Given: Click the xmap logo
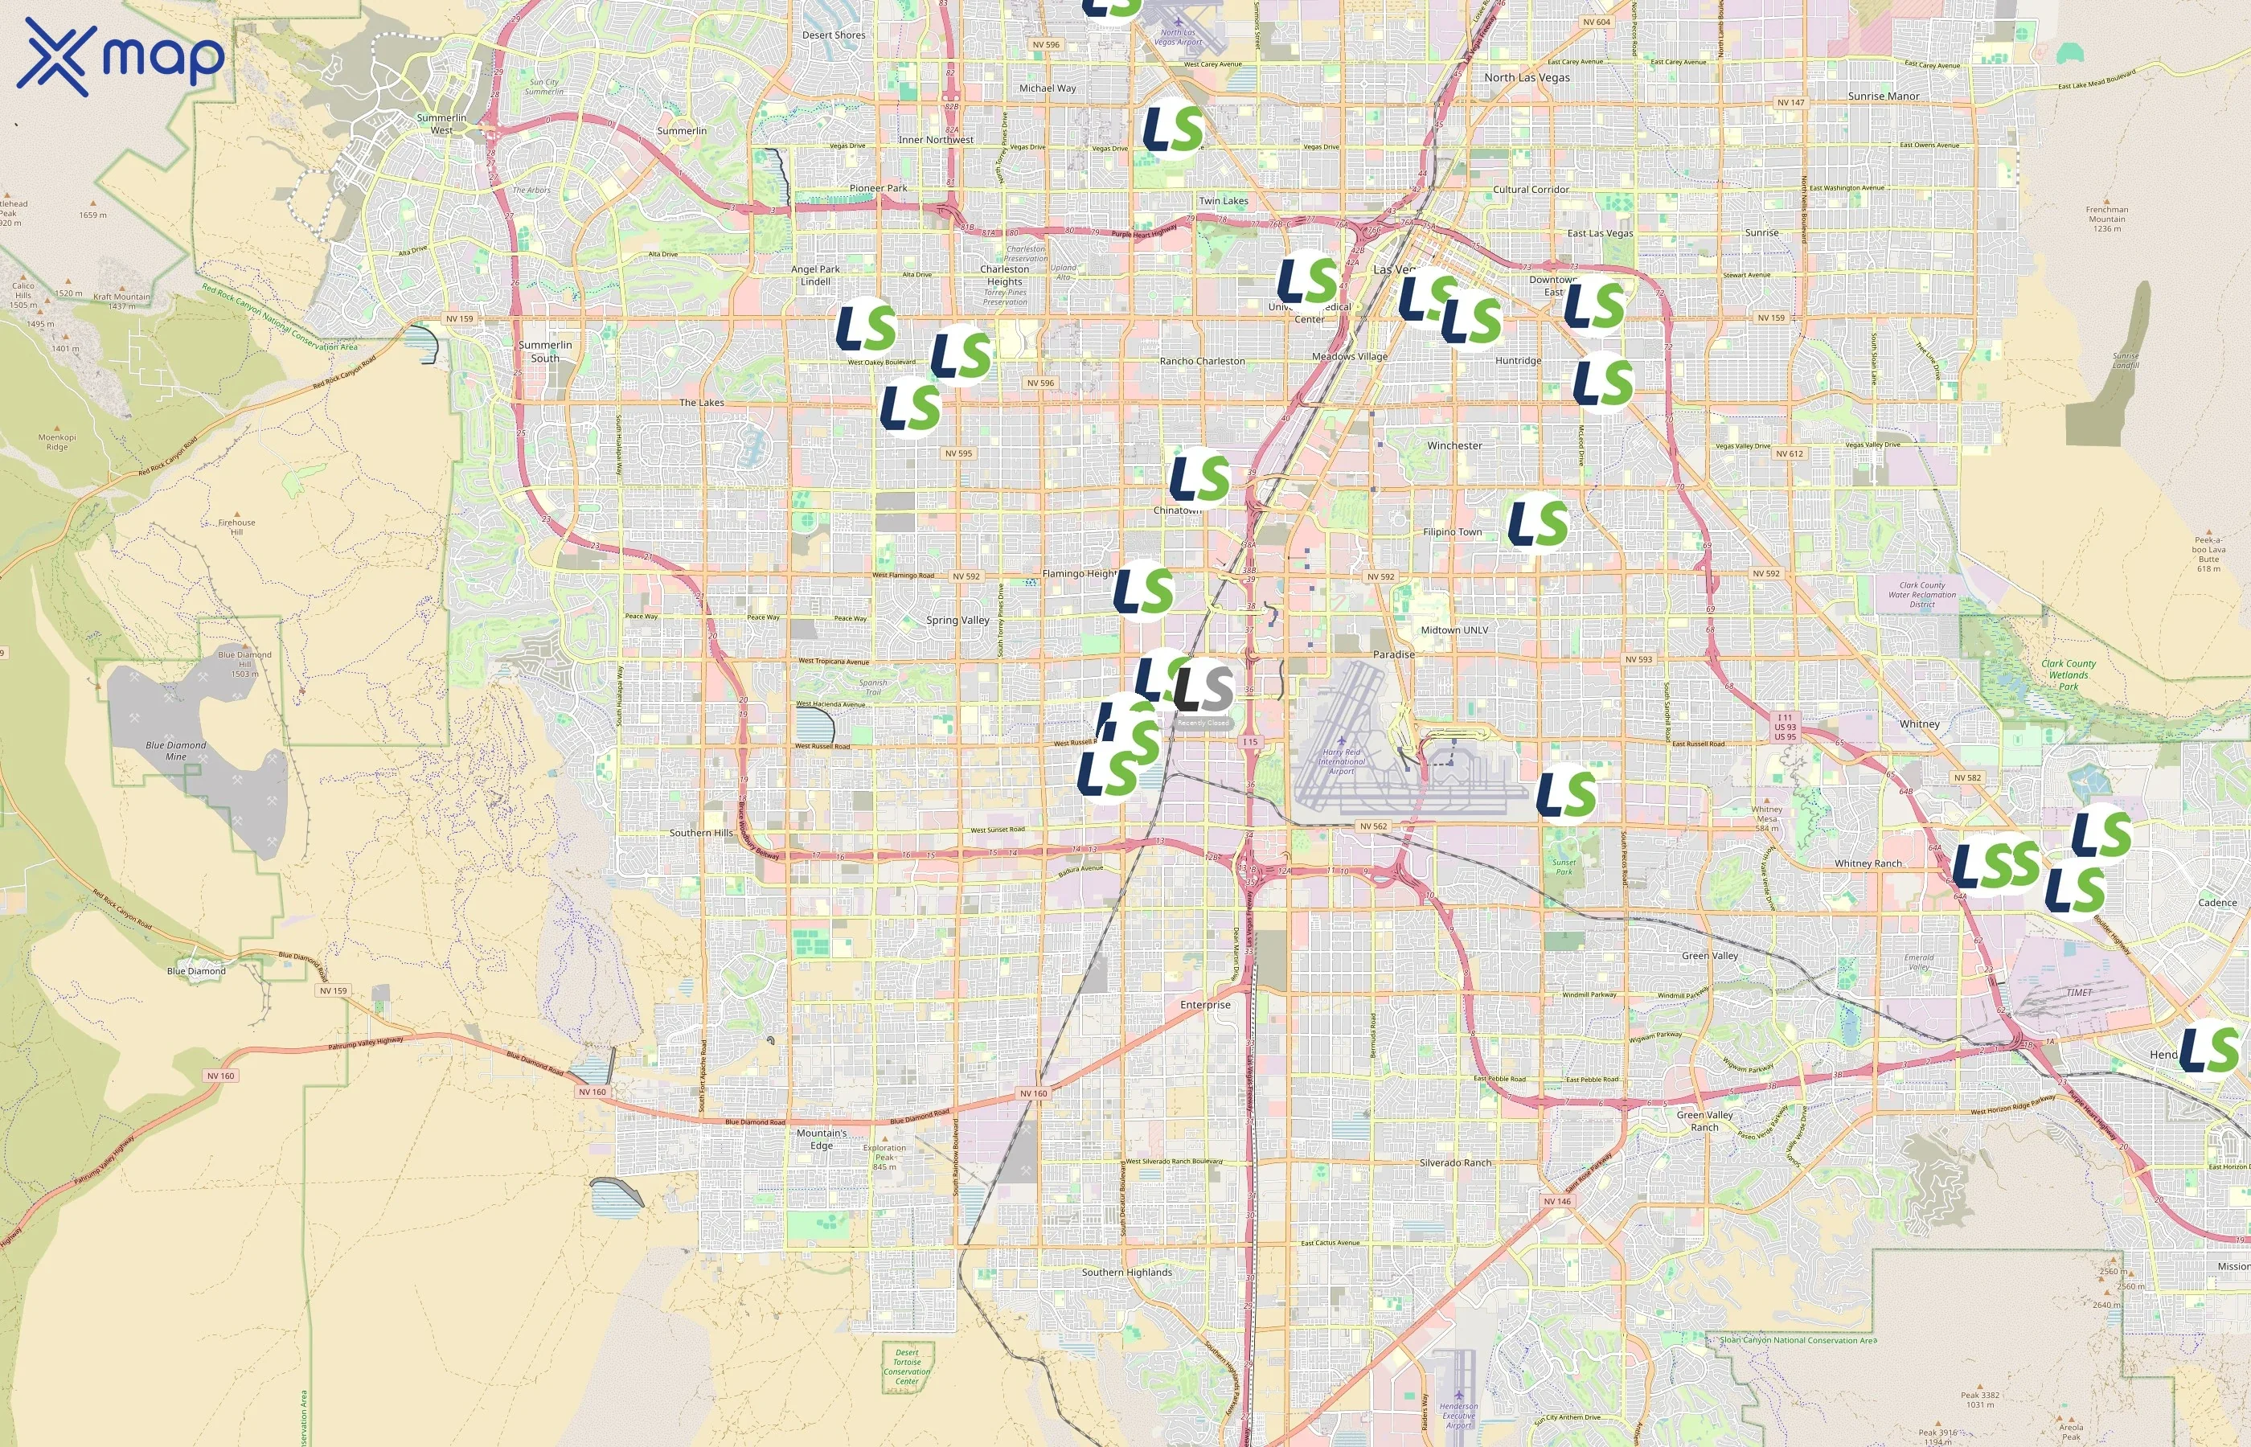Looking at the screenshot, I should [x=121, y=56].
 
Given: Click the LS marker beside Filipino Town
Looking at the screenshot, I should [x=1538, y=523].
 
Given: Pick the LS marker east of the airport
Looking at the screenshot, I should [x=1566, y=794].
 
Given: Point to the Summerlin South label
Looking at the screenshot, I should [x=545, y=351].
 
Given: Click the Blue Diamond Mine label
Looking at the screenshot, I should [x=176, y=751].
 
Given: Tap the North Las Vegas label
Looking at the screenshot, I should [x=1527, y=78].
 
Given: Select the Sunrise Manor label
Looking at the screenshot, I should [x=1884, y=96].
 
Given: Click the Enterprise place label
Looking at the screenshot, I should [x=1204, y=1004].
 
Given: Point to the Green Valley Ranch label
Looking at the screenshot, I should [x=1704, y=1121].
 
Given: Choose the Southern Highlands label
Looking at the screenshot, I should [x=1126, y=1273].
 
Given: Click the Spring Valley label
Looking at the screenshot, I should [x=957, y=620].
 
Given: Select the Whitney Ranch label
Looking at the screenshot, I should [x=1868, y=863].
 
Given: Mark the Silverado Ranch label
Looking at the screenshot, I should [x=1454, y=1162].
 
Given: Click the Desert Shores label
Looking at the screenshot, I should [x=834, y=35].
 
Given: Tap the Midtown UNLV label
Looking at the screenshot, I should [x=1454, y=630].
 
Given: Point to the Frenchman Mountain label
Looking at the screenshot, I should [x=2106, y=219].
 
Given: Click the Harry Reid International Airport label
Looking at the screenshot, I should [x=1341, y=761].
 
